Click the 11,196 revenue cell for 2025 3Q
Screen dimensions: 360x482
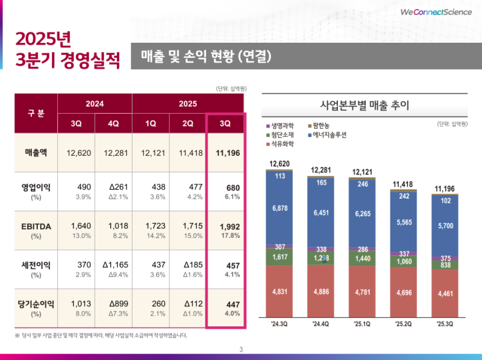pyautogui.click(x=226, y=153)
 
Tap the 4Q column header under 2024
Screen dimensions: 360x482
pyautogui.click(x=113, y=123)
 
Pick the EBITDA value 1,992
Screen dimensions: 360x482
pyautogui.click(x=226, y=226)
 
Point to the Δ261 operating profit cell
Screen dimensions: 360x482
pyautogui.click(x=113, y=187)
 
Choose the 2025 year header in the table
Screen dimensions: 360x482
pyautogui.click(x=188, y=104)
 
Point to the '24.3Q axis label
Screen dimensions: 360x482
pyautogui.click(x=280, y=324)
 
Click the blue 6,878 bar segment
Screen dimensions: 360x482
pyautogui.click(x=280, y=208)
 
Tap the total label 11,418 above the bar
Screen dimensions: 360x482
pyautogui.click(x=404, y=184)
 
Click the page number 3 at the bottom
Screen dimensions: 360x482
pyautogui.click(x=241, y=350)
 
